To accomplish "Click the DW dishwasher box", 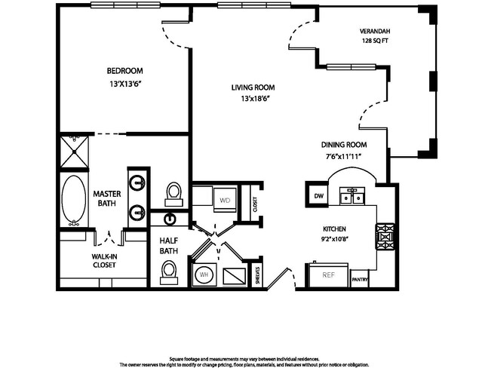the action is [317, 195].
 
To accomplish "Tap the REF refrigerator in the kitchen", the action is [328, 274].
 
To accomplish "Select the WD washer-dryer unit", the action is [225, 200].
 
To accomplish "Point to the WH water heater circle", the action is [204, 274].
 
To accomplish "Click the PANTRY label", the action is [360, 280].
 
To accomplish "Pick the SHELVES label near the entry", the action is [257, 275].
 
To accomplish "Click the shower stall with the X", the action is [74, 152].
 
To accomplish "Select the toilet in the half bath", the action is [169, 272].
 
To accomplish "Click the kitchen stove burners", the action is [385, 237].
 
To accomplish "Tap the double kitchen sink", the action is [352, 196].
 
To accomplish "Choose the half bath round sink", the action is [170, 219].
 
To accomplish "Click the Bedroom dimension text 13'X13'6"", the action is [125, 84].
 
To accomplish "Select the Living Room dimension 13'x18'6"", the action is [253, 99].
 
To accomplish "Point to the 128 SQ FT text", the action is [375, 41].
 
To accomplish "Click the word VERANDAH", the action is [375, 31].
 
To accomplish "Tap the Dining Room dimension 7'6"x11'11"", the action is [343, 156].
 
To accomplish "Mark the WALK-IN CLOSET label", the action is [104, 261].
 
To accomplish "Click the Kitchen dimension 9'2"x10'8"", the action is [334, 238].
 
